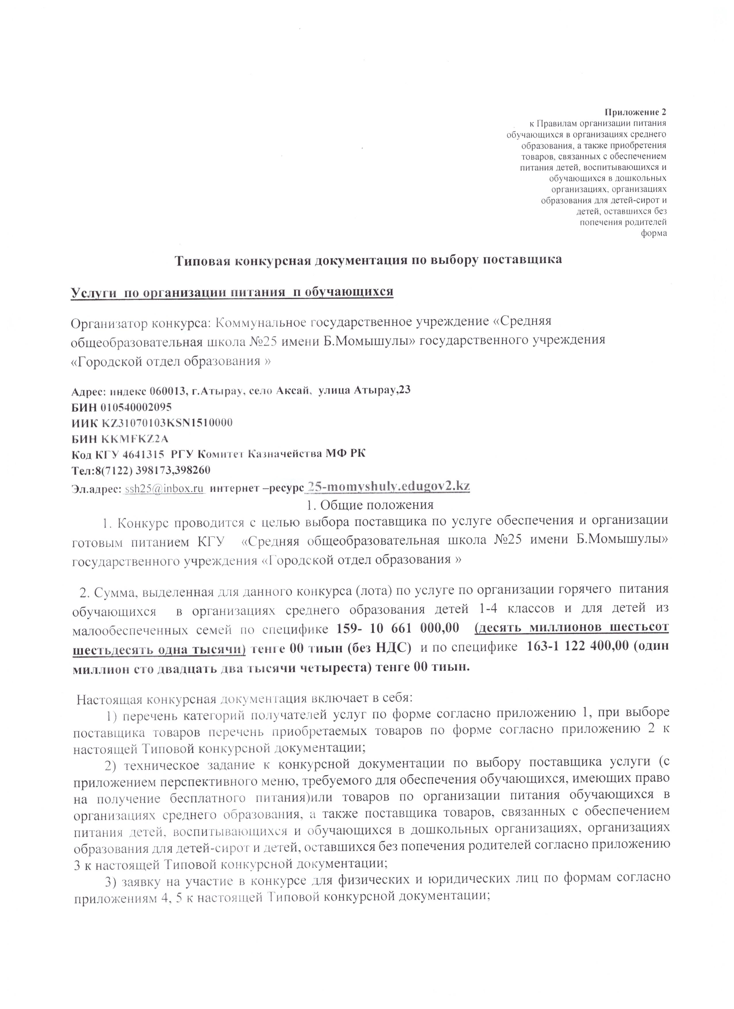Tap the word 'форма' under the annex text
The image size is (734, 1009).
pyautogui.click(x=653, y=233)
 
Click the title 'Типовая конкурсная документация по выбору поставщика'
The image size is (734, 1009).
pyautogui.click(x=367, y=260)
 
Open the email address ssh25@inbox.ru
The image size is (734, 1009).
pyautogui.click(x=164, y=488)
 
